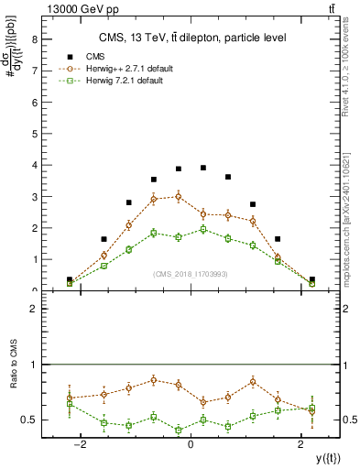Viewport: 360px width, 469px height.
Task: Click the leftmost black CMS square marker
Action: (x=70, y=279)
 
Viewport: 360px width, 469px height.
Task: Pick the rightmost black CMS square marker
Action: (x=311, y=279)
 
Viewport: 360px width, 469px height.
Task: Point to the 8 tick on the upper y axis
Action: (x=33, y=39)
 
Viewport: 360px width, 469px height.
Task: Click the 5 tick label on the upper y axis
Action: (x=33, y=134)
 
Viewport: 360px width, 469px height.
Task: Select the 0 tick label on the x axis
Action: (x=191, y=444)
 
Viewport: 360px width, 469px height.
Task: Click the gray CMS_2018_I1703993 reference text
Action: (x=191, y=274)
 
